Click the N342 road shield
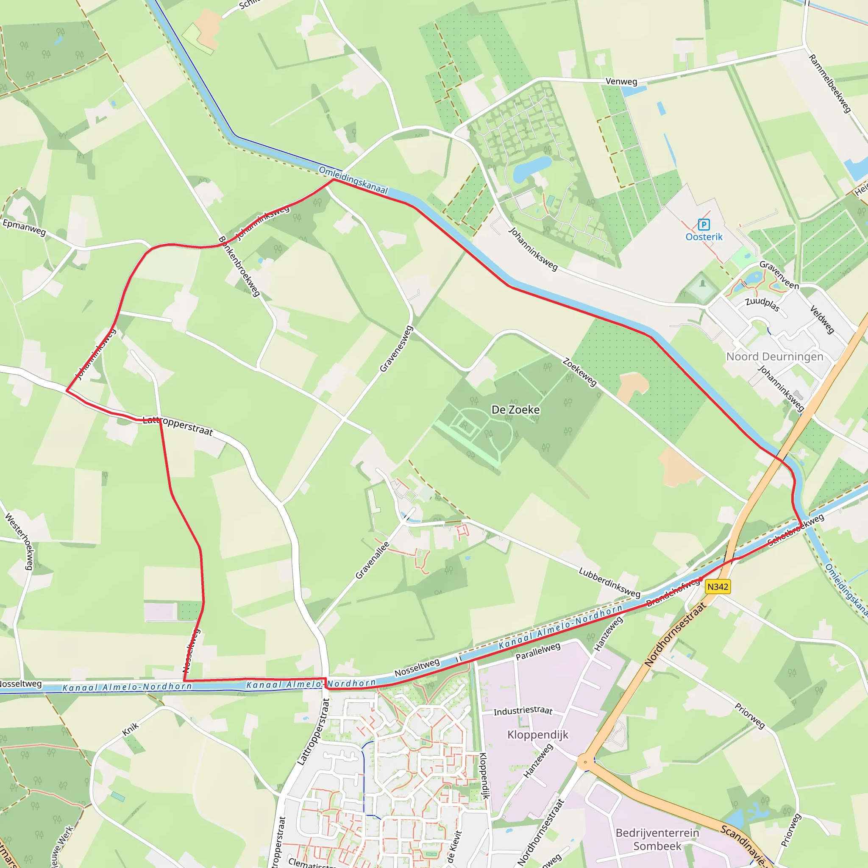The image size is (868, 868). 718,587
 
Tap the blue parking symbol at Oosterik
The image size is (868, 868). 704,224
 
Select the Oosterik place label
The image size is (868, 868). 704,237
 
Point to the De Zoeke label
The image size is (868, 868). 515,410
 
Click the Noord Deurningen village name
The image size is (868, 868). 775,357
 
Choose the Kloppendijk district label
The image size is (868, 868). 538,734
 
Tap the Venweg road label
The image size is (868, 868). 621,81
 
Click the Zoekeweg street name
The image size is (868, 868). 579,372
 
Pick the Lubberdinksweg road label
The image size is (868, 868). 609,582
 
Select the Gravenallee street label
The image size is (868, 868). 373,560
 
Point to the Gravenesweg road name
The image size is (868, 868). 396,349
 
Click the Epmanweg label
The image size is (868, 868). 24,227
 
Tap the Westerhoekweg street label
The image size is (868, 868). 19,542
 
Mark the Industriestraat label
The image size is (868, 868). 523,710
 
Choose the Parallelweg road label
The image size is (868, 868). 538,651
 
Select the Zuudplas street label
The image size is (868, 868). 762,304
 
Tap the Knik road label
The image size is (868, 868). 131,729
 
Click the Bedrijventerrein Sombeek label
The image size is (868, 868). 657,839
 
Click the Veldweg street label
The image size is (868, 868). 822,320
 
